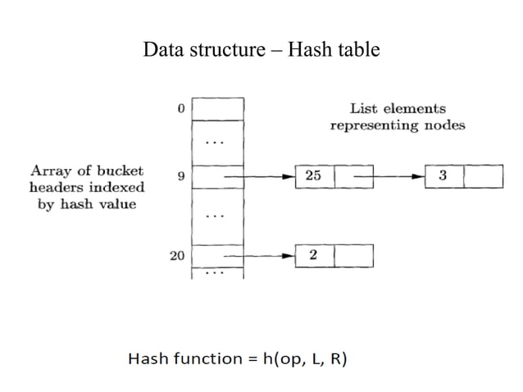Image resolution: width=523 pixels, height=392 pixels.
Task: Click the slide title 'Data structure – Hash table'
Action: pyautogui.click(x=261, y=49)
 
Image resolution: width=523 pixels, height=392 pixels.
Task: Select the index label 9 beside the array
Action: pyautogui.click(x=180, y=175)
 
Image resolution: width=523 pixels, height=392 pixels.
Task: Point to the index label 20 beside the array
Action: pyautogui.click(x=177, y=256)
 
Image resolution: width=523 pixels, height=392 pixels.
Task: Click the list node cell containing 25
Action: pyautogui.click(x=314, y=175)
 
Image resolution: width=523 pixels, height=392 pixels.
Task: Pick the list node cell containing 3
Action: pyautogui.click(x=443, y=175)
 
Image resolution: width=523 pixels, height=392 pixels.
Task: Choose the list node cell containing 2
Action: pyautogui.click(x=314, y=256)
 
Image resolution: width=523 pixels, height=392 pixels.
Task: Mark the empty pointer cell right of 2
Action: pyautogui.click(x=353, y=256)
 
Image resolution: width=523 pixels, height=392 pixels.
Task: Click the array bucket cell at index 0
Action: pyautogui.click(x=217, y=109)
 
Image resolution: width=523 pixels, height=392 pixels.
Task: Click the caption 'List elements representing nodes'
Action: pyautogui.click(x=398, y=116)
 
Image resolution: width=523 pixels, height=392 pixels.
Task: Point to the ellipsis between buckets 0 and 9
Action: pyautogui.click(x=215, y=142)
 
